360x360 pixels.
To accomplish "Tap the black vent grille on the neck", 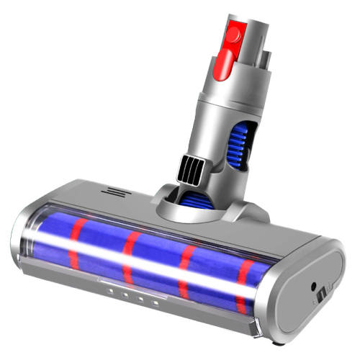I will [192, 171].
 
